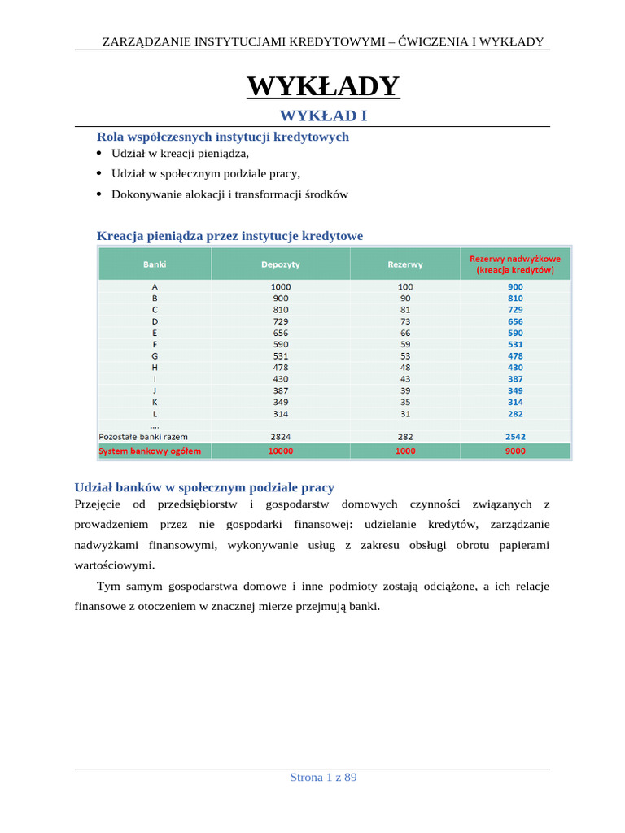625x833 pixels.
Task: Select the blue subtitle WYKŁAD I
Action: [x=323, y=116]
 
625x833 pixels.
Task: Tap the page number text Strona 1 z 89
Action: [x=323, y=777]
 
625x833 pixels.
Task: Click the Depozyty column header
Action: [x=280, y=264]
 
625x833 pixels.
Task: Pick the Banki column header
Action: [x=155, y=264]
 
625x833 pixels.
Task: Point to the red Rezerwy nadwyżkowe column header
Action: [x=514, y=264]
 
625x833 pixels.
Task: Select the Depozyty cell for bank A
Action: [x=280, y=286]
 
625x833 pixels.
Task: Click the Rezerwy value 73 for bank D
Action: [x=405, y=321]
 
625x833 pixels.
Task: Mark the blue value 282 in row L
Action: [x=514, y=413]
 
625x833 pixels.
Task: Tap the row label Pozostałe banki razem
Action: [x=143, y=437]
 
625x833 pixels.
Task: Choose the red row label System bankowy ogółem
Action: [x=150, y=450]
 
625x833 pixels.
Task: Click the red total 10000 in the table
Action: [x=280, y=450]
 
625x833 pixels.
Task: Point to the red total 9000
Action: [x=514, y=450]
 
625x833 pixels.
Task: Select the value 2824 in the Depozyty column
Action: [x=280, y=437]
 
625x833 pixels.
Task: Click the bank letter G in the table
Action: [x=155, y=355]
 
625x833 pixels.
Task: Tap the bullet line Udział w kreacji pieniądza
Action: [x=180, y=153]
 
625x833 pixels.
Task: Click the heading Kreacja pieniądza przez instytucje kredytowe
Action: [x=229, y=236]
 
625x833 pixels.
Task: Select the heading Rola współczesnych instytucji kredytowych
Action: [x=222, y=137]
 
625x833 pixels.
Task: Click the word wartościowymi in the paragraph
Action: [x=114, y=565]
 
